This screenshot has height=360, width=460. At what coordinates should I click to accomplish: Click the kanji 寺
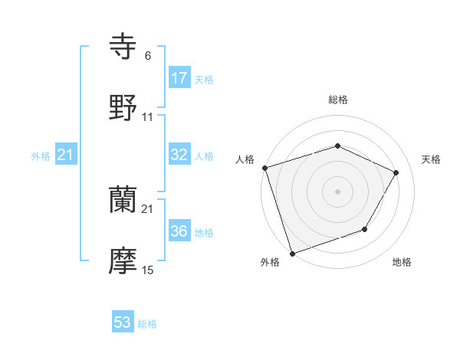click(123, 47)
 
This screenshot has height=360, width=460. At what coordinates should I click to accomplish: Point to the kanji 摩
click(123, 260)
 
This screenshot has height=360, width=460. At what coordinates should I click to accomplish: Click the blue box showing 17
click(179, 78)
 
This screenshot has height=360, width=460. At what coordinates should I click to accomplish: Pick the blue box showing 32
click(179, 155)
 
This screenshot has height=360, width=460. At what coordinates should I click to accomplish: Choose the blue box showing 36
click(179, 231)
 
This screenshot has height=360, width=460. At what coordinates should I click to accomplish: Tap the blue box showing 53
click(123, 322)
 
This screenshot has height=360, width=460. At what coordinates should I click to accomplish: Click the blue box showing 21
click(66, 155)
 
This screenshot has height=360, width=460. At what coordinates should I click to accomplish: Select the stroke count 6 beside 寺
click(148, 56)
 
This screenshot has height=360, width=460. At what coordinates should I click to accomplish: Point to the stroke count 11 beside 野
click(148, 117)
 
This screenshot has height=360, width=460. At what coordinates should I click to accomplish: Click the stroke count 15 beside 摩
click(148, 270)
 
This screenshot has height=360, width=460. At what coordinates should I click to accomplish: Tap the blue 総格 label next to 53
click(147, 324)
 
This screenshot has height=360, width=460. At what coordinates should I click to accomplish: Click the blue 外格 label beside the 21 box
click(41, 156)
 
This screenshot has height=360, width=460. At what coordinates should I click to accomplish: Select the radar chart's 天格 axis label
click(431, 159)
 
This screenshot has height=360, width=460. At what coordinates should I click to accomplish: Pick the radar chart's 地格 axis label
click(402, 263)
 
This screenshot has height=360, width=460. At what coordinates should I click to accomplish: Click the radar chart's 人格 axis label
click(245, 159)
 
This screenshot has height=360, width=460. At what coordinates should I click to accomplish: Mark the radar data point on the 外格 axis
click(292, 252)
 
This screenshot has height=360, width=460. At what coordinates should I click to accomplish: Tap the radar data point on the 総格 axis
click(337, 146)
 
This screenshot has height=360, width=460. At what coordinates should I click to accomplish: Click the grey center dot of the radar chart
click(337, 191)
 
